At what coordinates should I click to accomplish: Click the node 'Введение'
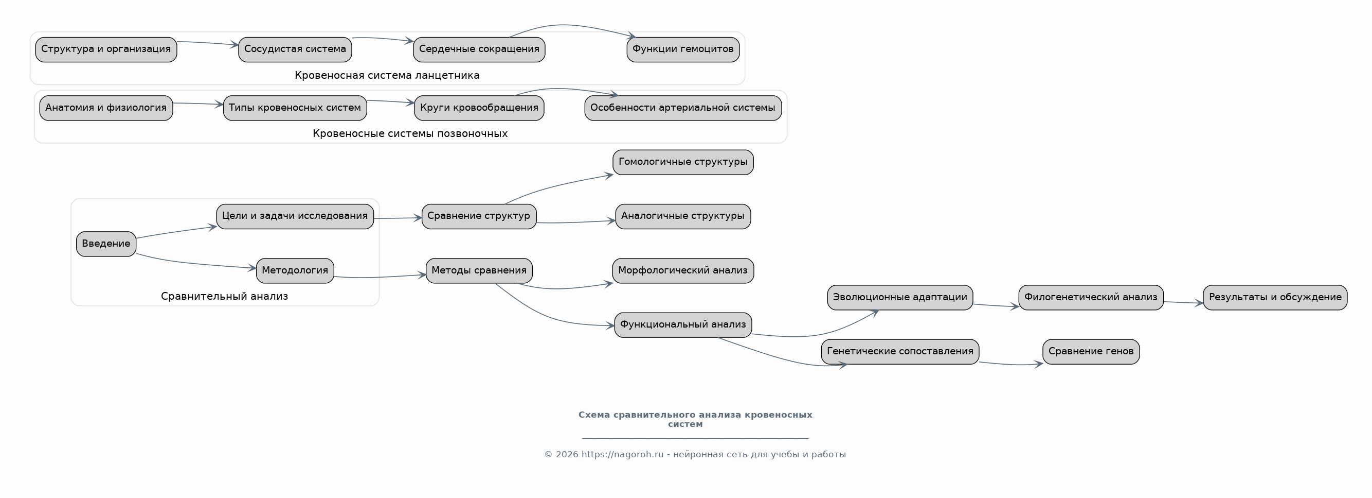(106, 244)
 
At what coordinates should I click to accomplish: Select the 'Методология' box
(295, 271)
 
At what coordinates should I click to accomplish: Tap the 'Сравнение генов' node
(1091, 352)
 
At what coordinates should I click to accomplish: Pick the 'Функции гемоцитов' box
(683, 49)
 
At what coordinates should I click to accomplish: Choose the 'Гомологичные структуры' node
(683, 162)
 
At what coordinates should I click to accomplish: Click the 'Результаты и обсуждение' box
(1275, 298)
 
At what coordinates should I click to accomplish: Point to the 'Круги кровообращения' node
(479, 108)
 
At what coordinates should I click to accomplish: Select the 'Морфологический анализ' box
(683, 271)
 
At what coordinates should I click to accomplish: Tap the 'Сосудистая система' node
(295, 49)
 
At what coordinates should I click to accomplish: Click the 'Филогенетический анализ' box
(1091, 298)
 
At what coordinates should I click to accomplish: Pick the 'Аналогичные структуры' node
(683, 216)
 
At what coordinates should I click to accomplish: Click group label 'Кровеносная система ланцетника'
(387, 75)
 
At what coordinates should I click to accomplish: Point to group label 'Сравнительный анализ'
(224, 296)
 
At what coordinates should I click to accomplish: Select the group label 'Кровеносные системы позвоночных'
(410, 133)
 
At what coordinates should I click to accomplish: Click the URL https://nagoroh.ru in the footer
(623, 454)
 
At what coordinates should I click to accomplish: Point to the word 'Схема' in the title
(594, 415)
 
